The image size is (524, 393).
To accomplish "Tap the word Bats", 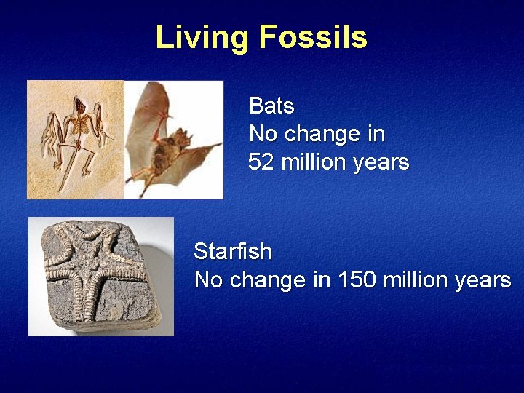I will pos(271,106).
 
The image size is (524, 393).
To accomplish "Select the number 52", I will pos(261,162).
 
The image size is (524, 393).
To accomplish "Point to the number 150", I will pos(357,280).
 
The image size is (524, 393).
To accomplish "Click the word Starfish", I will pos(233,253).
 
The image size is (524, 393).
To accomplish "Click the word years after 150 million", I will pos(485,280).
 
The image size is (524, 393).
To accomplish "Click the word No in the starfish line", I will pos(208,280).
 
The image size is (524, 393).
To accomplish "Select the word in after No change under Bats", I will pos(376,134).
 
